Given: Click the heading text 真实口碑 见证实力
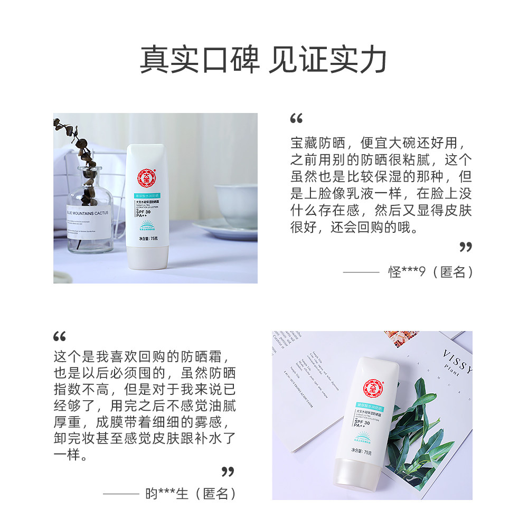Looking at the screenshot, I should pyautogui.click(x=263, y=59).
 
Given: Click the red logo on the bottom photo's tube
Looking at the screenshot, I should pyautogui.click(x=372, y=388).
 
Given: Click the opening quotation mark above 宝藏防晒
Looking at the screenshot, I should pyautogui.click(x=296, y=119).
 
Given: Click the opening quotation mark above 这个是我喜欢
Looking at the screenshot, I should pyautogui.click(x=60, y=336).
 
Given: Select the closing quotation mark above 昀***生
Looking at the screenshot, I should pyautogui.click(x=228, y=471).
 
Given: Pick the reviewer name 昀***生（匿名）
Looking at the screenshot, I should pyautogui.click(x=191, y=494).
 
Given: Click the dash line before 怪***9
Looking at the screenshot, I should pyautogui.click(x=361, y=272).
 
